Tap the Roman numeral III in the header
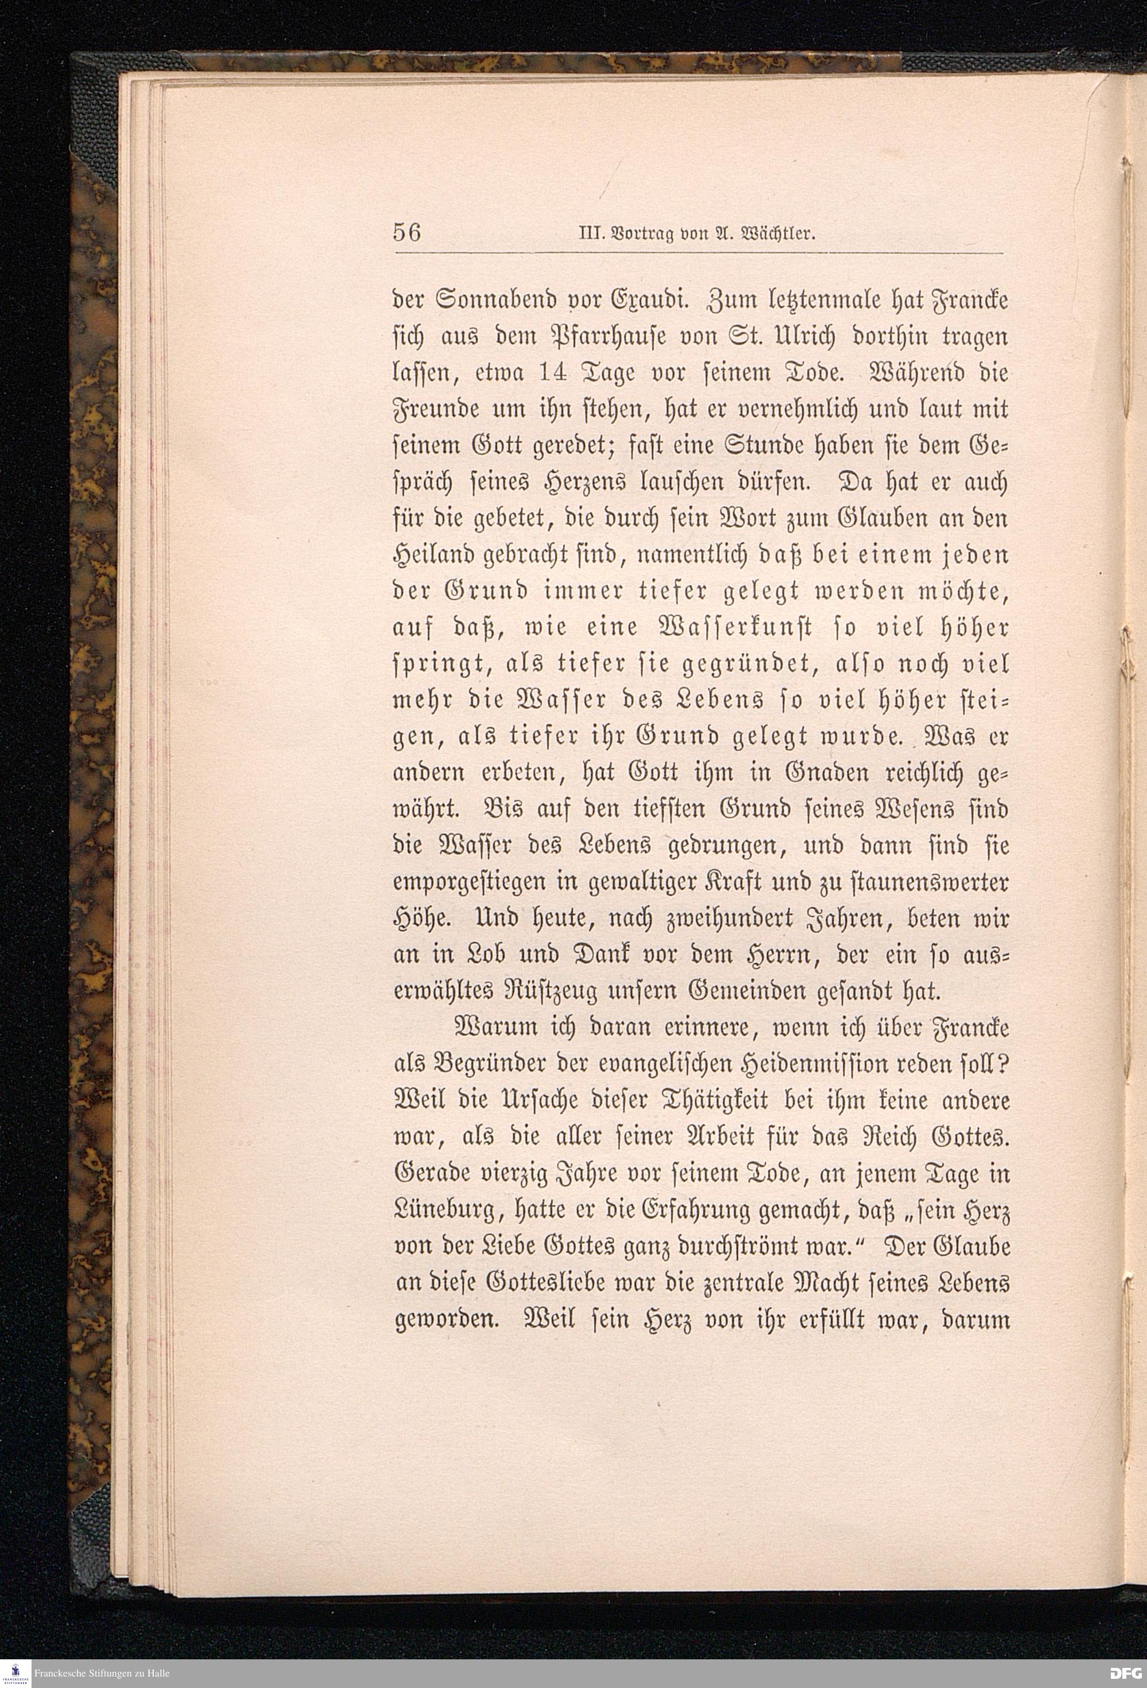click(x=586, y=234)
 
